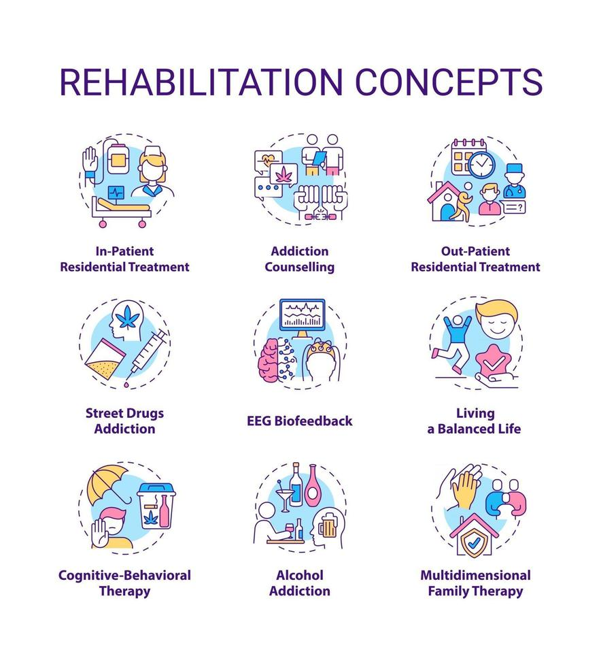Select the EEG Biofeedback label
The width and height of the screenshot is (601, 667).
coord(300,421)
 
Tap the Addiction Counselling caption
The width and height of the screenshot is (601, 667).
coord(300,259)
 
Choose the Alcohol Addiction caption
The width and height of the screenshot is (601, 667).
coord(300,583)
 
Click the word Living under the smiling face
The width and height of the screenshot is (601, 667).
coord(475,412)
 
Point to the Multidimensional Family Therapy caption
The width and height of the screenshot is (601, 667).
coord(475,583)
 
